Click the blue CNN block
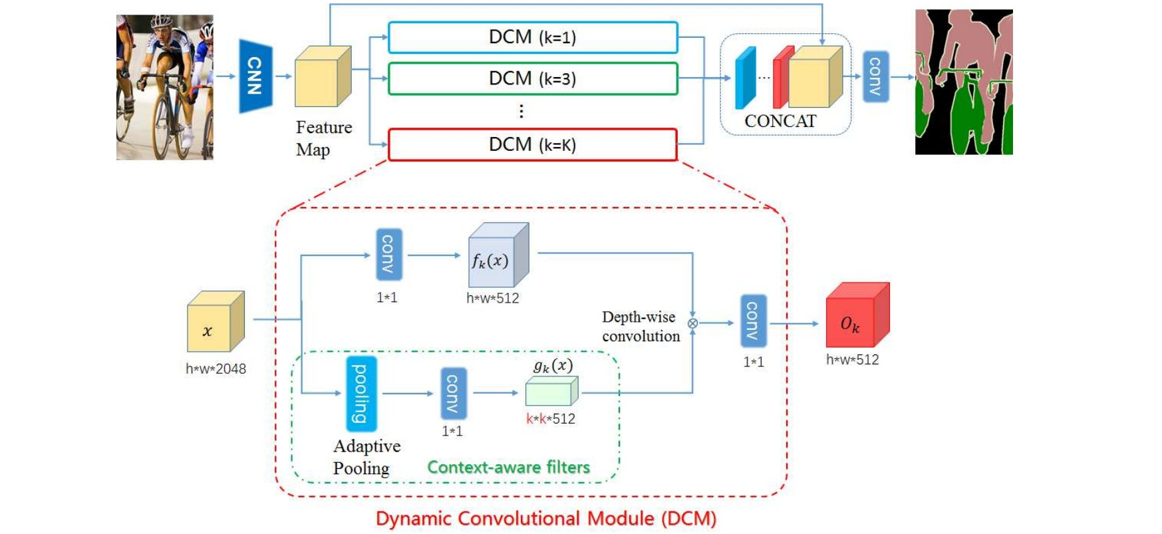tap(255, 76)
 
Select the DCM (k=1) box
tap(532, 37)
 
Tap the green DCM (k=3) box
tap(532, 78)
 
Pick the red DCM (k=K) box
tap(532, 144)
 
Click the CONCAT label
tap(780, 121)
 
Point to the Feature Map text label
tap(323, 138)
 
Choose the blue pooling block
tap(361, 394)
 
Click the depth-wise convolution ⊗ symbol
tap(692, 323)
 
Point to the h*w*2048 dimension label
tap(216, 368)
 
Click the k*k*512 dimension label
tap(551, 419)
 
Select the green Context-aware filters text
tap(508, 467)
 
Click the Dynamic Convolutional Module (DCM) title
tap(545, 519)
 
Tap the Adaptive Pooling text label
tap(366, 457)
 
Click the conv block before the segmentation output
tap(875, 76)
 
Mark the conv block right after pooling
tap(452, 393)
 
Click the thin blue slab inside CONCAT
tap(745, 78)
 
